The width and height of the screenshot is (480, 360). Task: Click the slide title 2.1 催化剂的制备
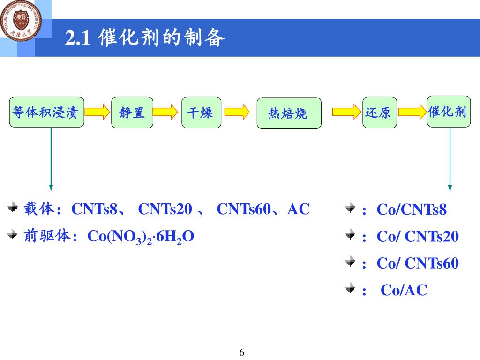[145, 38]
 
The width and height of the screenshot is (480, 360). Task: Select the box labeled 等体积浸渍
[46, 112]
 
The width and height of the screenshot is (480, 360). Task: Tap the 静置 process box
[132, 112]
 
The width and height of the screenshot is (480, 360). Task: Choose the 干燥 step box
[201, 112]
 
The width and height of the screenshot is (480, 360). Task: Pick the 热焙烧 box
[289, 113]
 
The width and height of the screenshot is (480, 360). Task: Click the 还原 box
[379, 112]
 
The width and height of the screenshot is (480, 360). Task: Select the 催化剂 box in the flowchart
[448, 112]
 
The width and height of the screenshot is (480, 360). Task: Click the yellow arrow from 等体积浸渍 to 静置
[97, 112]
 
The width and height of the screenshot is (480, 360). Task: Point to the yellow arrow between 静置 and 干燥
[165, 112]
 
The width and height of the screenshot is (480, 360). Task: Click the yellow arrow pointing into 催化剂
[412, 112]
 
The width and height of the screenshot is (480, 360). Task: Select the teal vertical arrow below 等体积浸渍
[51, 159]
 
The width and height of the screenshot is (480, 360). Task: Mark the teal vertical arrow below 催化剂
[450, 159]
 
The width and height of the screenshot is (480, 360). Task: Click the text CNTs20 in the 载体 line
[165, 209]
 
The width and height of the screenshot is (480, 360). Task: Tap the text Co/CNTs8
[412, 210]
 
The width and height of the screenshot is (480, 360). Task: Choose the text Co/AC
[404, 290]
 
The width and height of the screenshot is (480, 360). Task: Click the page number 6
[242, 352]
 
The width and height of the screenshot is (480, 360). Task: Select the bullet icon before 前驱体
[13, 235]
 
